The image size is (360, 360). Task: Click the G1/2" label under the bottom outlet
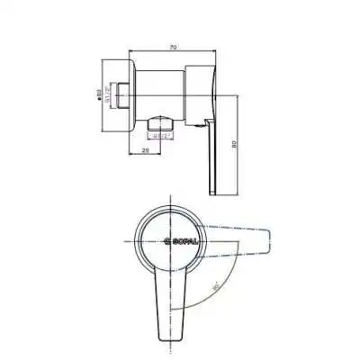pos(160,136)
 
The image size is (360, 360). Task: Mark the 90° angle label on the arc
pos(212,291)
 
